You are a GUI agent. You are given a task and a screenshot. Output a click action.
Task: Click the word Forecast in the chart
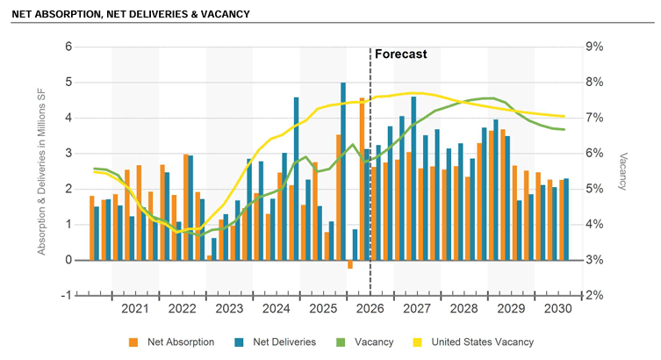pyautogui.click(x=401, y=54)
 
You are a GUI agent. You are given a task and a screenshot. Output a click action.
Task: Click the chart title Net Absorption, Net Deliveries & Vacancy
pyautogui.click(x=131, y=14)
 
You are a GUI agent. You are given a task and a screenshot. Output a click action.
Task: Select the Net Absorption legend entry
pyautogui.click(x=172, y=342)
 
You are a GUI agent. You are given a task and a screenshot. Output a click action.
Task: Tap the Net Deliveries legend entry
pyautogui.click(x=276, y=342)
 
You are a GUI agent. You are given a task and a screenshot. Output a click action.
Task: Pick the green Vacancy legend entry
pyautogui.click(x=365, y=342)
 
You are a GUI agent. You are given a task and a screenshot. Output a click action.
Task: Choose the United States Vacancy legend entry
pyautogui.click(x=473, y=342)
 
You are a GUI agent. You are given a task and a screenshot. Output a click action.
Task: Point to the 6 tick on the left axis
pyautogui.click(x=68, y=47)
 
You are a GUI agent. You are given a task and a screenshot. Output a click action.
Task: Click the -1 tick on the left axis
pyautogui.click(x=67, y=296)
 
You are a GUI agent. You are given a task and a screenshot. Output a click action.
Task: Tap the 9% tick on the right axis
pyautogui.click(x=594, y=47)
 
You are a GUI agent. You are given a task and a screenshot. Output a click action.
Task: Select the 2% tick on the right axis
pyautogui.click(x=594, y=296)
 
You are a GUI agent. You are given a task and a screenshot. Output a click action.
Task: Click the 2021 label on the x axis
pyautogui.click(x=135, y=308)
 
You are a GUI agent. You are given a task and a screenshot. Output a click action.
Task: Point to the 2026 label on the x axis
pyautogui.click(x=370, y=308)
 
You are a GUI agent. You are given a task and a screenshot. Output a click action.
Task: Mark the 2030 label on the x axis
pyautogui.click(x=557, y=308)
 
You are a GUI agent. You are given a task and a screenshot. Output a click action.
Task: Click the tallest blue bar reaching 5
pyautogui.click(x=343, y=171)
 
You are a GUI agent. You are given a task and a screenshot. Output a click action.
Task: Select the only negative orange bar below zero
pyautogui.click(x=350, y=264)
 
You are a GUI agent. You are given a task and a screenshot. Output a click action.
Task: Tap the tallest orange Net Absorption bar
pyautogui.click(x=362, y=179)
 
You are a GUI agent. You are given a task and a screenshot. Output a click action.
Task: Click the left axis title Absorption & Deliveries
pyautogui.click(x=41, y=172)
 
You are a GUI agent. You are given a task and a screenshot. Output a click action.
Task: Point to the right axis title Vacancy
pyautogui.click(x=622, y=171)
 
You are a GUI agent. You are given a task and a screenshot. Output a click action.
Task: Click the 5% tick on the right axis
pyautogui.click(x=594, y=189)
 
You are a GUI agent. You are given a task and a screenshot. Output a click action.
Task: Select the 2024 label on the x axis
pyautogui.click(x=276, y=308)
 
